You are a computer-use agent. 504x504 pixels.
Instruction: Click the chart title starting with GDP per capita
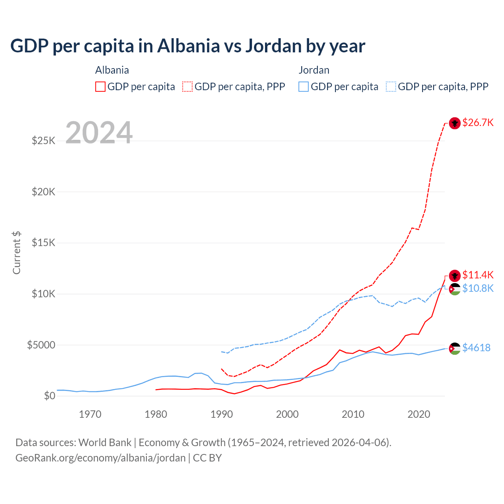[187, 46]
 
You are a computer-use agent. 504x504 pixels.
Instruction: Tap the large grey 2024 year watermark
[99, 133]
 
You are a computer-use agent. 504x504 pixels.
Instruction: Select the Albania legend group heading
[112, 70]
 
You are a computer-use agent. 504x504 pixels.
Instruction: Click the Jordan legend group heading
[314, 70]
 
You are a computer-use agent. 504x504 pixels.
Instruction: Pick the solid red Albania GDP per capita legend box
[100, 87]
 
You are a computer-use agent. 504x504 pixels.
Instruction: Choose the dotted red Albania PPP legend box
[188, 87]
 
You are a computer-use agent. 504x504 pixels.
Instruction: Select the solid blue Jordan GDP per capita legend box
[304, 87]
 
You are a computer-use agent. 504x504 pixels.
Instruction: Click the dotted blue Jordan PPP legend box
[391, 87]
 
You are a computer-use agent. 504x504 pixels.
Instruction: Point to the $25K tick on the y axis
[44, 141]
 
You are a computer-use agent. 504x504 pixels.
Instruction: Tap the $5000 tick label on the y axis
[41, 345]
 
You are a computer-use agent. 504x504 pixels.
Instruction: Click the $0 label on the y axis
[49, 396]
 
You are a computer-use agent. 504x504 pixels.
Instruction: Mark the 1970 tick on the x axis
[90, 414]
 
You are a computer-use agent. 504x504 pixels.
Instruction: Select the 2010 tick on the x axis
[353, 414]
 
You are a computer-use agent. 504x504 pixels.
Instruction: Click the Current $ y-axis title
[17, 253]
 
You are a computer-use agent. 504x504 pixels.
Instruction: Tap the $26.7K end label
[478, 122]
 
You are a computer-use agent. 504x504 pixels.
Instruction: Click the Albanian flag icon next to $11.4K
[455, 275]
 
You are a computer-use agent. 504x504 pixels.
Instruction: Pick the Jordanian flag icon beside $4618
[455, 348]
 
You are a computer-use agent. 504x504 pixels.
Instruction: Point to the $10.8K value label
[478, 288]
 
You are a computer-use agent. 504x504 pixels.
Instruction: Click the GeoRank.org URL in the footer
[100, 458]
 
